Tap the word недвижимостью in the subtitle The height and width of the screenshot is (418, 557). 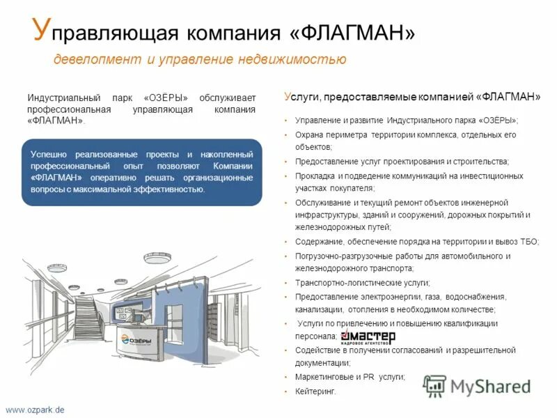pos(300,59)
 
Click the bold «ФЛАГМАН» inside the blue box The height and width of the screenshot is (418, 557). pos(57,178)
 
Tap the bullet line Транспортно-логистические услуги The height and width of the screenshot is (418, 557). pos(363,283)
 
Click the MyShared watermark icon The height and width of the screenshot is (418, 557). pos(434,385)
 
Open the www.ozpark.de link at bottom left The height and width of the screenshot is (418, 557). pos(35,410)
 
